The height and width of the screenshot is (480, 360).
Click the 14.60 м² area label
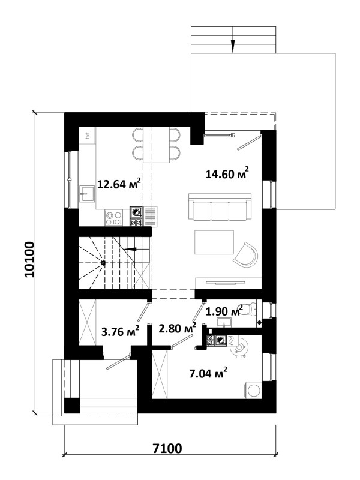(227, 173)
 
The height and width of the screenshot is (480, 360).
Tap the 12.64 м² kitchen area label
(119, 184)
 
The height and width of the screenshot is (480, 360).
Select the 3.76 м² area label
(121, 332)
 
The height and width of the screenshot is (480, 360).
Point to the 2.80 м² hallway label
(178, 328)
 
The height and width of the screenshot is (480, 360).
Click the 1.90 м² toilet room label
(224, 311)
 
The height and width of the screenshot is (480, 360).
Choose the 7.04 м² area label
(208, 373)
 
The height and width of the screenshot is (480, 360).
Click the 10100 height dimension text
(29, 260)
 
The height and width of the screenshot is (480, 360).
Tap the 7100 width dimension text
(167, 448)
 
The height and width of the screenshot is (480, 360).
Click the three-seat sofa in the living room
(220, 206)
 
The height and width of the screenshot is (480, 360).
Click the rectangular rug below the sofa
(214, 242)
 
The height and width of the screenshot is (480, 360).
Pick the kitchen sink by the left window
(87, 193)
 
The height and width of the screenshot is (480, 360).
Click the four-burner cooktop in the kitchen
(114, 218)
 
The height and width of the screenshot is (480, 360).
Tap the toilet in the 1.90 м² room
(251, 309)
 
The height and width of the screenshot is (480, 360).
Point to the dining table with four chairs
(157, 145)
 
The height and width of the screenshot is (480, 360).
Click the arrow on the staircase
(131, 249)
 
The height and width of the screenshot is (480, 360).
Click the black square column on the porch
(72, 406)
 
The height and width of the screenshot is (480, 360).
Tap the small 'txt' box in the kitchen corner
(88, 134)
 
